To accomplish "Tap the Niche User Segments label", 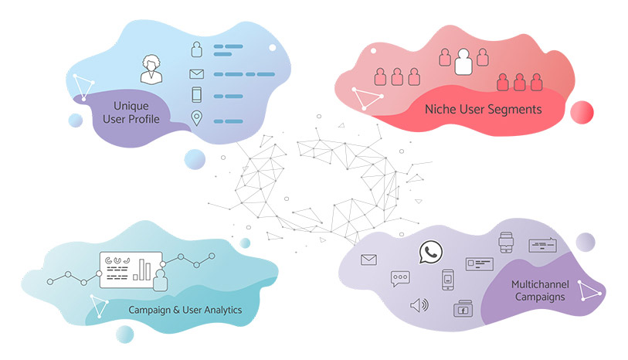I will [x=484, y=110].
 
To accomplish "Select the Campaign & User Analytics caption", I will [x=186, y=310].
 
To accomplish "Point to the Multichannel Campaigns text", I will [x=538, y=290].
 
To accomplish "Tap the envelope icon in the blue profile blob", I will [x=196, y=75].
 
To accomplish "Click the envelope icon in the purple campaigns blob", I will [x=368, y=260].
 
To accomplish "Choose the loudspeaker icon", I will [x=419, y=304].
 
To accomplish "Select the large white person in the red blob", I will [x=463, y=61].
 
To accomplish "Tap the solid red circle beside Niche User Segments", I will [x=582, y=112].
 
